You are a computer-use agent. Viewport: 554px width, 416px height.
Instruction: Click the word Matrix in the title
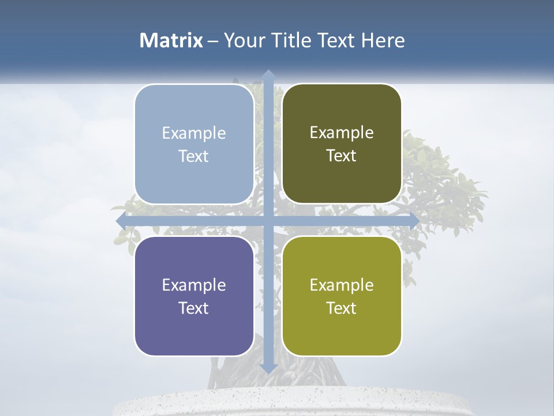pos(171,40)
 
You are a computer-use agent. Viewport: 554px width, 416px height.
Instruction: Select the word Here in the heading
pos(383,40)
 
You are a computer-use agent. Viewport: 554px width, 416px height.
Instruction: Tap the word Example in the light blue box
pos(194,133)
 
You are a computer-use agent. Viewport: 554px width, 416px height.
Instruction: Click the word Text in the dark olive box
pos(342,156)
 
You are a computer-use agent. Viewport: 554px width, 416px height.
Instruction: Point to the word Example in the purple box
pos(194,285)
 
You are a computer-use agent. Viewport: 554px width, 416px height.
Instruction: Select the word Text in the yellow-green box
pos(342,308)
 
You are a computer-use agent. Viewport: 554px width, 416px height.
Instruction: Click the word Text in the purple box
pos(194,308)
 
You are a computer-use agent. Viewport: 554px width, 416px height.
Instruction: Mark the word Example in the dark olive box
pos(342,132)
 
